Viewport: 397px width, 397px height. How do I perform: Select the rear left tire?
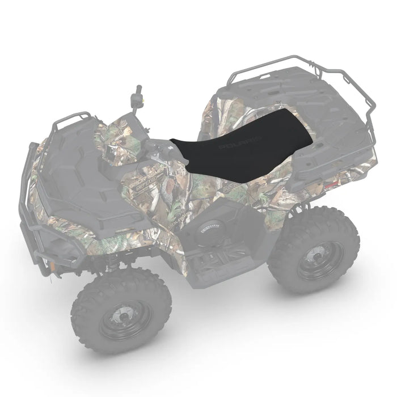(x=315, y=250)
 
